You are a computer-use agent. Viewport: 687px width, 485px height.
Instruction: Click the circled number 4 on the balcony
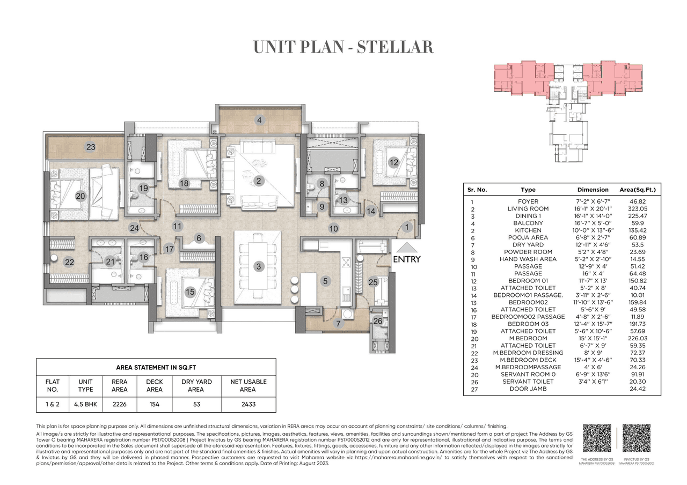[x=259, y=121]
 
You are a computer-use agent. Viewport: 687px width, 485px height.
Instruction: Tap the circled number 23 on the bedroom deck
[x=91, y=147]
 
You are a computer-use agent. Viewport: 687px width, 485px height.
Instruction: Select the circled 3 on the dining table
[x=258, y=266]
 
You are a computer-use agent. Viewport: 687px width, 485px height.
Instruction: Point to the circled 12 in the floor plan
[x=393, y=162]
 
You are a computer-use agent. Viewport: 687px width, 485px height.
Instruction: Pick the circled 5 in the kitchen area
[x=325, y=280]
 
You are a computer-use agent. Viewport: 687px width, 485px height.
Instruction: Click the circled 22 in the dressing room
[x=69, y=262]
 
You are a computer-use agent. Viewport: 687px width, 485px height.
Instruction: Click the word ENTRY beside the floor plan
[x=406, y=259]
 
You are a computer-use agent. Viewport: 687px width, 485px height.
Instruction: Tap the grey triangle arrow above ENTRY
[x=406, y=247]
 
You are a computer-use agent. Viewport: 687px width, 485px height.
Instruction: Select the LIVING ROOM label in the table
[x=528, y=208]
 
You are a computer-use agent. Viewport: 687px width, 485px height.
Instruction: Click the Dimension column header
[x=593, y=190]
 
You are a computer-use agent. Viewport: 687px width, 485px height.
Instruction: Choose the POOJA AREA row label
[x=528, y=237]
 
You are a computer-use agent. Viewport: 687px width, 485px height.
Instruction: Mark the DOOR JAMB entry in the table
[x=528, y=389]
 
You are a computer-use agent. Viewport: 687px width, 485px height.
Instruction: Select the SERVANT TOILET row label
[x=528, y=382]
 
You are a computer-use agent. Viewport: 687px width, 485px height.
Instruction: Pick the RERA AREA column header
[x=119, y=386]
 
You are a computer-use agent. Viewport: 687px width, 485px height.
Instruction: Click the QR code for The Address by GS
[x=596, y=438]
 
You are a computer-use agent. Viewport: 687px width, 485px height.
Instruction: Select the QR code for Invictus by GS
[x=637, y=438]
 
